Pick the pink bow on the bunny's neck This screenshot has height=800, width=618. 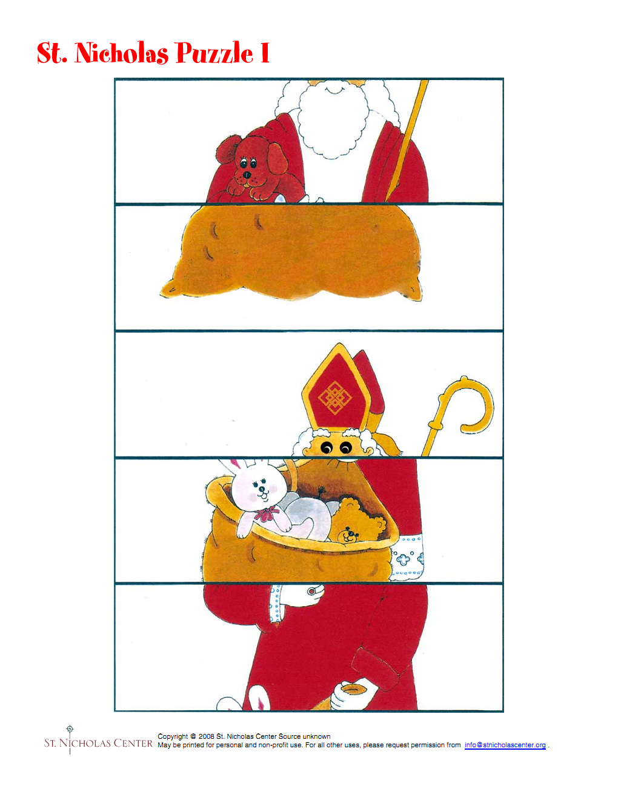(267, 513)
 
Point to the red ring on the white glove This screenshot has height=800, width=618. (312, 591)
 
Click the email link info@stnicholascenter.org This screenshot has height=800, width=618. (505, 745)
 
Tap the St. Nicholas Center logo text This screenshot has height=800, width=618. (98, 743)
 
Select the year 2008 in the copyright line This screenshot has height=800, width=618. (206, 736)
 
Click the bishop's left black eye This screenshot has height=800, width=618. (326, 448)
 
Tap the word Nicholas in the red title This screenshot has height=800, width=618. (121, 53)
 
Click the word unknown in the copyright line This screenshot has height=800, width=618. (316, 736)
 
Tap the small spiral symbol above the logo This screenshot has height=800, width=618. (70, 728)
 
